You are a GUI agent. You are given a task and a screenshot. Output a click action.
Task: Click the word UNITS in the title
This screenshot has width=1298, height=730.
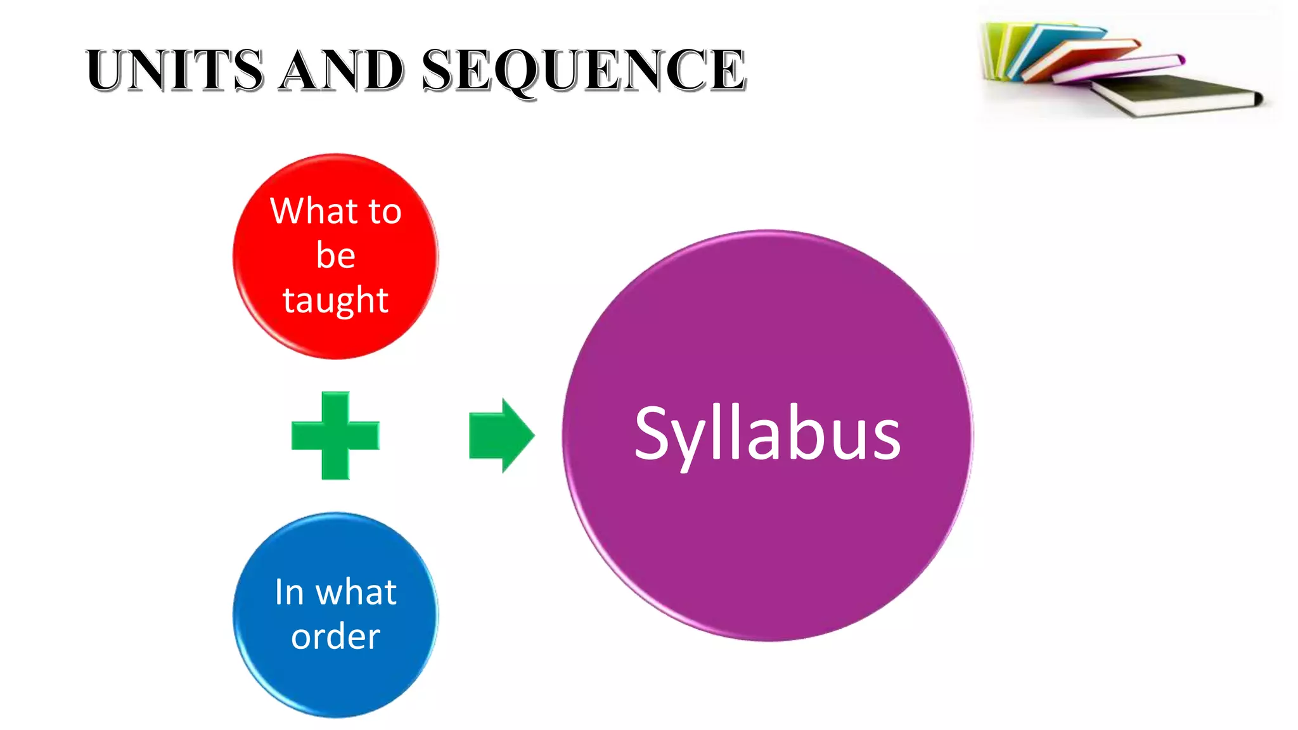click(174, 70)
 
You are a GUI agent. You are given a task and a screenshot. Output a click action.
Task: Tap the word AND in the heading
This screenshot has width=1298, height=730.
click(342, 70)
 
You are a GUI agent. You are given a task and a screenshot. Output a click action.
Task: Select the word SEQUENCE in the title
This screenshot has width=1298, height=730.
click(583, 70)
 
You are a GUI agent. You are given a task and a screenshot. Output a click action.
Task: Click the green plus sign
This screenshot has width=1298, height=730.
click(335, 435)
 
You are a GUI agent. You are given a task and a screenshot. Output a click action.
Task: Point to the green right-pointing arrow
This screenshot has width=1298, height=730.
click(501, 435)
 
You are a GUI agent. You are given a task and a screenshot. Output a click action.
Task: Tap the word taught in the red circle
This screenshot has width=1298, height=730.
click(335, 300)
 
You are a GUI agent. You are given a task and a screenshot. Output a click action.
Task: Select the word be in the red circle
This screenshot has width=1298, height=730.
click(335, 255)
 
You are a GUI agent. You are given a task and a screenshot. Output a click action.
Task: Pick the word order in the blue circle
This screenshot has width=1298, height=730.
click(335, 636)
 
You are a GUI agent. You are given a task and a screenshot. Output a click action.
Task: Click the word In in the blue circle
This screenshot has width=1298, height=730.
click(289, 592)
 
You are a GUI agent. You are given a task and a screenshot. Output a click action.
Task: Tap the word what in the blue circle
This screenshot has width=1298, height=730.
click(356, 592)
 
